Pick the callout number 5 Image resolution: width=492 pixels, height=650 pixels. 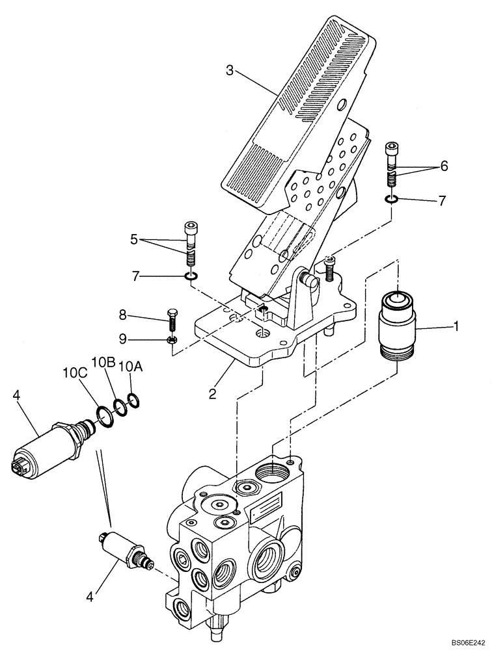pyautogui.click(x=134, y=240)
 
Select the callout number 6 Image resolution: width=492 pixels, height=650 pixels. pyautogui.click(x=444, y=166)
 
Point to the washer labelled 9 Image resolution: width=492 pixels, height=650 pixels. pyautogui.click(x=172, y=339)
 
